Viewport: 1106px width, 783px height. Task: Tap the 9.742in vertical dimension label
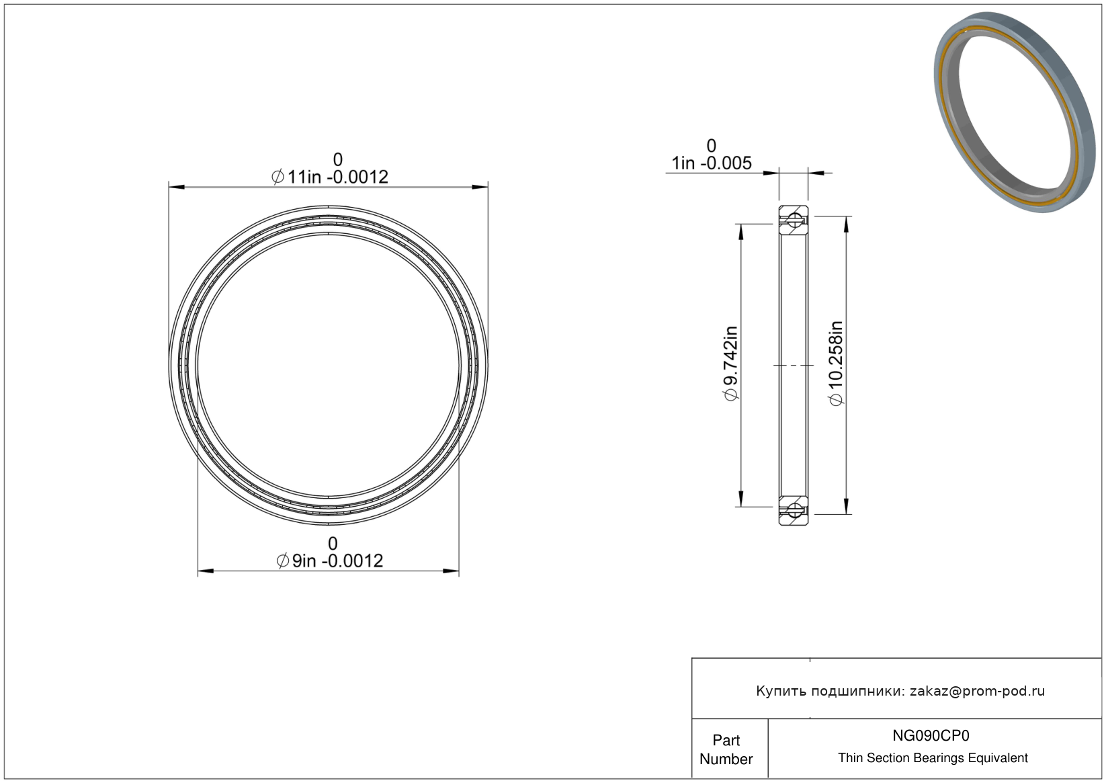730,364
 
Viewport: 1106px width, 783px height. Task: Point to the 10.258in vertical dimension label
837,364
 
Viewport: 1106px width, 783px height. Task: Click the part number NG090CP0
931,735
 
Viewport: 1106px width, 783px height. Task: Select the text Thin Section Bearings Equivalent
933,758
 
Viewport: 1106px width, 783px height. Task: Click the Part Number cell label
726,749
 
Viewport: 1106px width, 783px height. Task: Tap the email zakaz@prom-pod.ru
977,691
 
